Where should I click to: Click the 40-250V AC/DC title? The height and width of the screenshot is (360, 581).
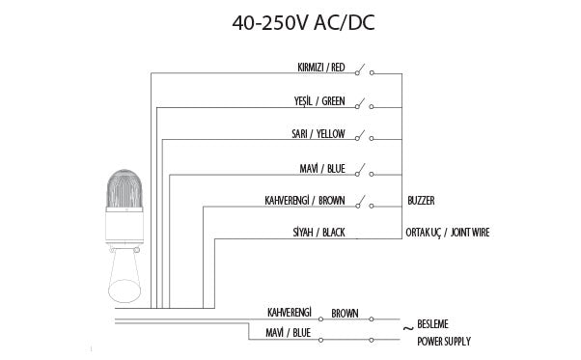pyautogui.click(x=303, y=22)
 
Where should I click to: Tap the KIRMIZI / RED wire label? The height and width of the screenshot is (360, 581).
pyautogui.click(x=321, y=68)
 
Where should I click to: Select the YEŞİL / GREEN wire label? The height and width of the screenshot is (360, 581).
pyautogui.click(x=319, y=101)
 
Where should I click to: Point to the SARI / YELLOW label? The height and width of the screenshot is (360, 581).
pyautogui.click(x=318, y=134)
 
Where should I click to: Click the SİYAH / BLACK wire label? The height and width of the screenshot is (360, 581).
pyautogui.click(x=319, y=233)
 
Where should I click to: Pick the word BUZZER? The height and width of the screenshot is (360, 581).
pyautogui.click(x=421, y=201)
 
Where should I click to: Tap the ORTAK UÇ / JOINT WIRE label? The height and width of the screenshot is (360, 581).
pyautogui.click(x=448, y=233)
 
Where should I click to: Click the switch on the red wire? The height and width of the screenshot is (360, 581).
pyautogui.click(x=365, y=70)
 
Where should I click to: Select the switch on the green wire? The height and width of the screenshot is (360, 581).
pyautogui.click(x=365, y=104)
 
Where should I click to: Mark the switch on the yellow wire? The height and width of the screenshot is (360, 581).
pyautogui.click(x=365, y=136)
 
